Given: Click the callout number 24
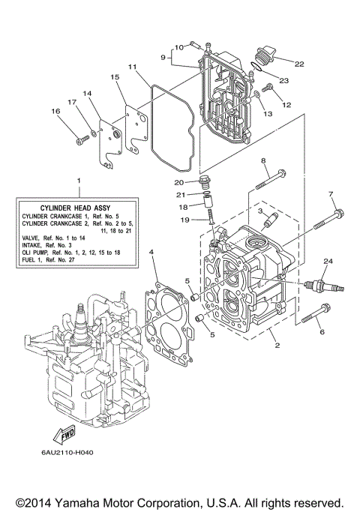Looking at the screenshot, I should [x=326, y=260].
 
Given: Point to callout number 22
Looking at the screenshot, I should [x=299, y=64].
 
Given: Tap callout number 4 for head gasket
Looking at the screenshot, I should [x=152, y=253].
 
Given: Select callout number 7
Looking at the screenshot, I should [x=331, y=195].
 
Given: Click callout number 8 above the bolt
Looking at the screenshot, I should [x=263, y=161].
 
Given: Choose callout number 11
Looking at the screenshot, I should [x=133, y=67].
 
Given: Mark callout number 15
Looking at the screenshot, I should [x=115, y=77].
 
